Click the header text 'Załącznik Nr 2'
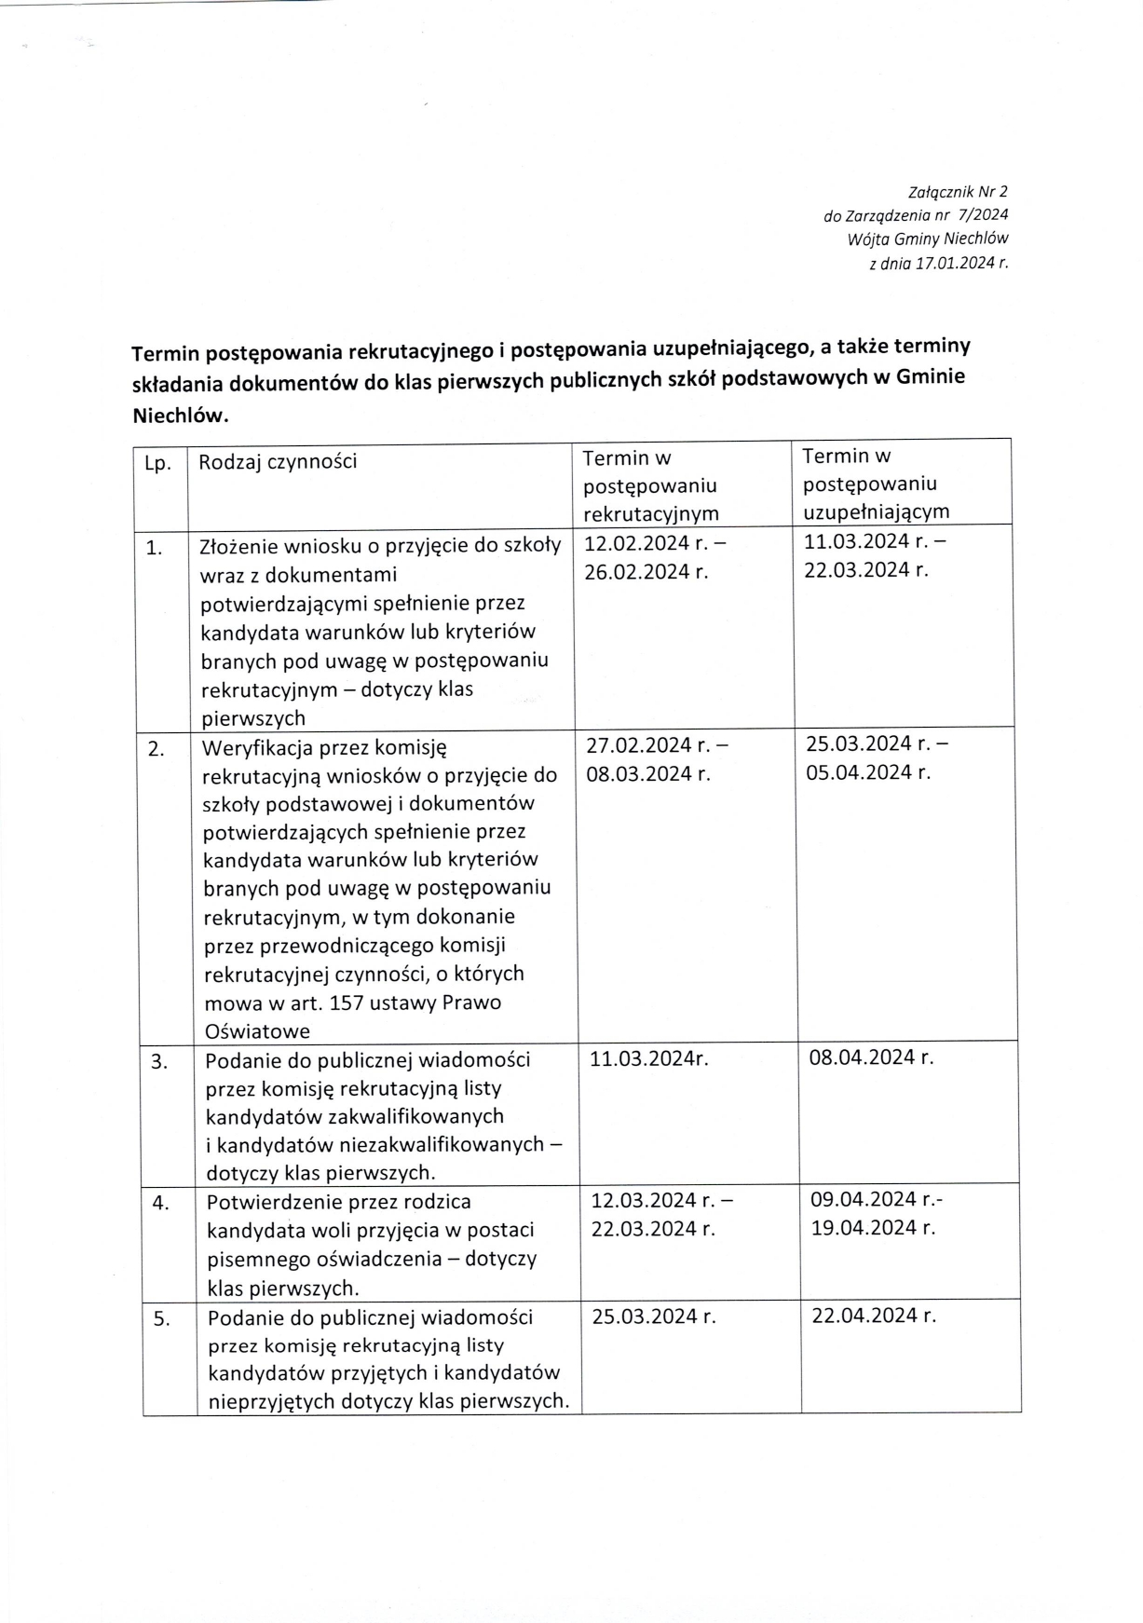[957, 193]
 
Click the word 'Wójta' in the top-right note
[868, 239]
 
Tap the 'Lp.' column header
[158, 464]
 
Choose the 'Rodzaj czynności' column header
[278, 462]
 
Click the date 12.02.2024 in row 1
[638, 543]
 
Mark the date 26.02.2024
[638, 572]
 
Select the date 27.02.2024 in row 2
[640, 744]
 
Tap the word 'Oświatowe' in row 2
[257, 1031]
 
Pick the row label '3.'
[159, 1061]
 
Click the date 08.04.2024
[864, 1057]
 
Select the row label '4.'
[161, 1203]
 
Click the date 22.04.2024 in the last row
[865, 1316]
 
